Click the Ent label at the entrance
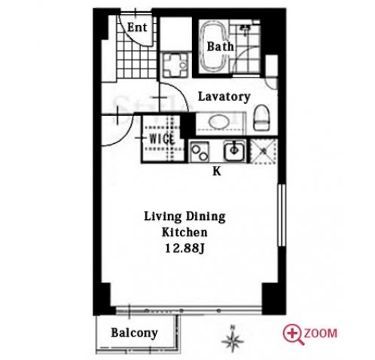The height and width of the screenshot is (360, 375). pos(137,27)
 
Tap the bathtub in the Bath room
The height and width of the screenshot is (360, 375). pos(215,46)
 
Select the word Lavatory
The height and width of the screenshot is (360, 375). pos(224,96)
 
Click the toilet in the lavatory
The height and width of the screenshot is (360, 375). pos(262,117)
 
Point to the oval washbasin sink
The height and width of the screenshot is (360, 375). pos(219,122)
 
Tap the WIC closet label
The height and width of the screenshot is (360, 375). pos(162,139)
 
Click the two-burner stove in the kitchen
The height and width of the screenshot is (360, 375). pos(200,151)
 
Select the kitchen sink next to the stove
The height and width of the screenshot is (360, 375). pos(234,151)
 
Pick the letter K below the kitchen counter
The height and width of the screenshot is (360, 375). pos(217,172)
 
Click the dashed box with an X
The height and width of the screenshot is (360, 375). pos(264,151)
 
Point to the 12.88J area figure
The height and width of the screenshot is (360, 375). pos(184,249)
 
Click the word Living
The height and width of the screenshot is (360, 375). pos(163,217)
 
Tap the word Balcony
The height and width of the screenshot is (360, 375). pos(134,333)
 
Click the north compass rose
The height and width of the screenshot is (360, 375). pos(233,340)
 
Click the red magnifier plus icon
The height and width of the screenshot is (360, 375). pos(293,334)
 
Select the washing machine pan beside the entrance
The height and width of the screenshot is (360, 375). pos(175,65)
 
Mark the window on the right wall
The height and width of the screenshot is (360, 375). pos(282,215)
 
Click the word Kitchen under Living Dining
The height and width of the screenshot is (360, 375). pos(184,232)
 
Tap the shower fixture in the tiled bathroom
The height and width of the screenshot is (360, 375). pos(245,27)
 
